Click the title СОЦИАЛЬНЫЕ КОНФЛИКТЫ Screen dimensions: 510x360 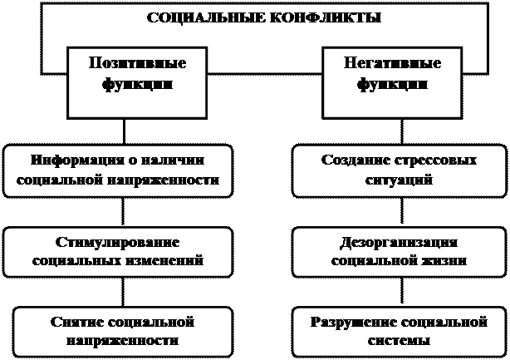(263, 18)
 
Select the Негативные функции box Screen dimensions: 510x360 (392, 81)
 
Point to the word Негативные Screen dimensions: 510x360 (392, 64)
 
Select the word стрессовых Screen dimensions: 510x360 (431, 160)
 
